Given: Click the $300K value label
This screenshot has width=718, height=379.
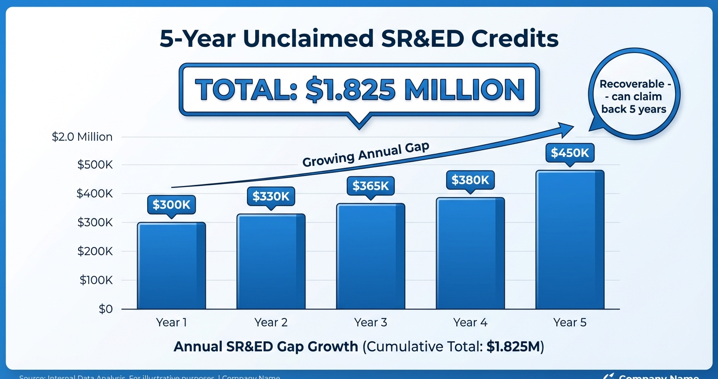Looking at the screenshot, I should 171,205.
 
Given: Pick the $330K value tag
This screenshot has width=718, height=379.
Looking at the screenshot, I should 271,196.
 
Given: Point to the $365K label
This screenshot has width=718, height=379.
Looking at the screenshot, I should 371,186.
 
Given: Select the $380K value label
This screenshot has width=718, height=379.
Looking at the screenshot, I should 470,180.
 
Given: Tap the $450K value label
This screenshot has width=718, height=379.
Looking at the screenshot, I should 570,153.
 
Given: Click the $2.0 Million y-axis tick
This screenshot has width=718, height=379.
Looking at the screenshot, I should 82,137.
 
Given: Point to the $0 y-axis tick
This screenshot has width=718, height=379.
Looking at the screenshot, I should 105,309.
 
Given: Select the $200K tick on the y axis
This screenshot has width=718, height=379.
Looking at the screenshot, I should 95,251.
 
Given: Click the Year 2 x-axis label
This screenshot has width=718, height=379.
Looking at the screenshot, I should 271,323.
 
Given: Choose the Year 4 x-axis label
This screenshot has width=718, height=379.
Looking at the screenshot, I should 470,323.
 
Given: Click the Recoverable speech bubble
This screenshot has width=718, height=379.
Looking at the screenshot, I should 633,96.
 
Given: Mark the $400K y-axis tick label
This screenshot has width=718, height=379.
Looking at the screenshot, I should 94,194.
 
